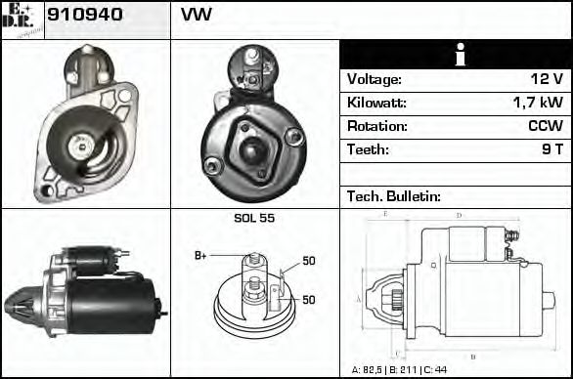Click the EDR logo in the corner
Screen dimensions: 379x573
22,19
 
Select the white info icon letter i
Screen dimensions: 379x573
457,56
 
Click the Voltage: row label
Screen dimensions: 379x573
375,79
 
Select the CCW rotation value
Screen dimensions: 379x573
545,126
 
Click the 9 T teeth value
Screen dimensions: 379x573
551,149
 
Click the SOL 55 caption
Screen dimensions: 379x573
254,218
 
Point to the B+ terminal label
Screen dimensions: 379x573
200,256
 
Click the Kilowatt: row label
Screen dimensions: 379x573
377,103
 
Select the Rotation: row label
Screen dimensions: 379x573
376,126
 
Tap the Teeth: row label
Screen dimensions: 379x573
368,149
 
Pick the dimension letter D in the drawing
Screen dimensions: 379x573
459,214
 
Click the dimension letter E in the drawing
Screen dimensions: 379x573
385,213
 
